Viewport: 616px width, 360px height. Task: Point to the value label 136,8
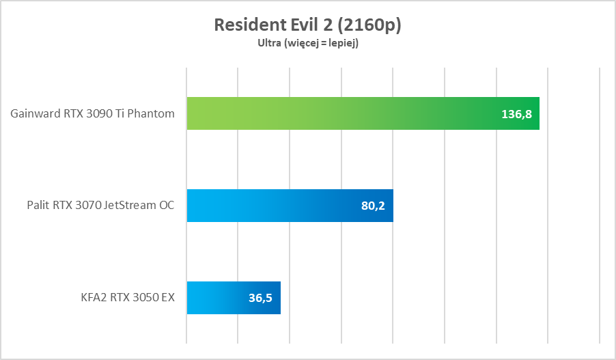516,114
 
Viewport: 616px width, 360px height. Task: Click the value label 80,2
372,206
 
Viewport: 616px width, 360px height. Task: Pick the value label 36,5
260,298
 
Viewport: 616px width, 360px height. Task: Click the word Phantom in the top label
151,113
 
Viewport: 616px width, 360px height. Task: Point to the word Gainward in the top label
33,113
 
